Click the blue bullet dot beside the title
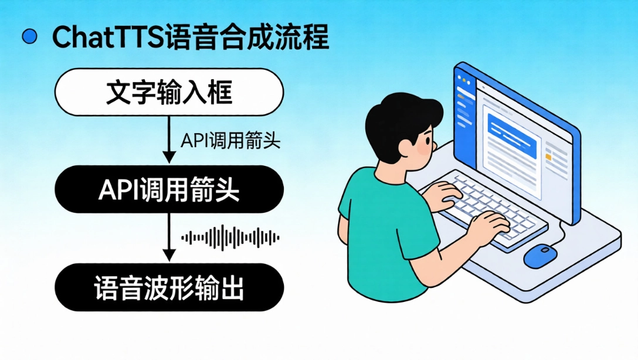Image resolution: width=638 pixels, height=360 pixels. click(x=29, y=37)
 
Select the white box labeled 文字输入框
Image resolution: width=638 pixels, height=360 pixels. click(x=169, y=93)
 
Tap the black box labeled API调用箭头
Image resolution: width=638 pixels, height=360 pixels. click(x=169, y=189)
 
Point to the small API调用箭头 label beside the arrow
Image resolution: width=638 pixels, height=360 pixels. click(x=230, y=141)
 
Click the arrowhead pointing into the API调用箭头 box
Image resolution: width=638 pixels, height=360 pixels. click(x=169, y=157)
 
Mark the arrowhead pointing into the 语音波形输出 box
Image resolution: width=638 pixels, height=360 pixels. click(x=169, y=255)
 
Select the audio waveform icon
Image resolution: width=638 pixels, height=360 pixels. click(x=230, y=237)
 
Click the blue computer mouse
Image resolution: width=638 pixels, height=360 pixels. click(x=540, y=256)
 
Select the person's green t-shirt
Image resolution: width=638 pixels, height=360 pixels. click(x=387, y=235)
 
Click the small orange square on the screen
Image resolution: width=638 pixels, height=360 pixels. click(x=548, y=157)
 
